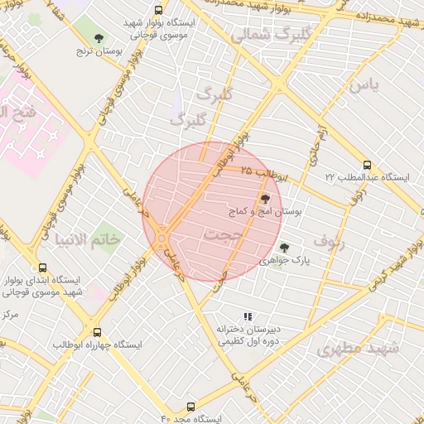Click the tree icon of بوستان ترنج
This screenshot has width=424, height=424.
(x=99, y=38)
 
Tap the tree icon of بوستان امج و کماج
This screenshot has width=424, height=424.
(x=265, y=199)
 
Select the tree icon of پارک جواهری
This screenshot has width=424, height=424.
(x=285, y=247)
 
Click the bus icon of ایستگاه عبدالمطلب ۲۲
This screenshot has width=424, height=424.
(x=368, y=164)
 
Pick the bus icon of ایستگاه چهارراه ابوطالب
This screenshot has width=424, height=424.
(x=98, y=331)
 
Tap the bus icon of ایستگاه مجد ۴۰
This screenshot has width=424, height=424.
(x=191, y=407)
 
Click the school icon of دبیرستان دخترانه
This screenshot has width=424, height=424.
(x=247, y=316)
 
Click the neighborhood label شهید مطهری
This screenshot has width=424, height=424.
(x=358, y=348)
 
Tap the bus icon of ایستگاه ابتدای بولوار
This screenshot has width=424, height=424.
(x=43, y=267)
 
